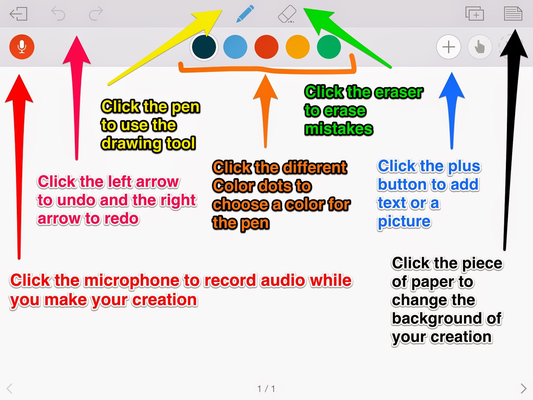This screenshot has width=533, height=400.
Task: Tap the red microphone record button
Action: click(22, 47)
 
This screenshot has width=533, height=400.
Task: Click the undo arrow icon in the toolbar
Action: click(58, 14)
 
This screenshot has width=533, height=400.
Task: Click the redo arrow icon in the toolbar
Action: click(96, 14)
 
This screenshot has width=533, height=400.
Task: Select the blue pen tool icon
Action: click(245, 14)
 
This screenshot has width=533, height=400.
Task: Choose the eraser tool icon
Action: click(287, 14)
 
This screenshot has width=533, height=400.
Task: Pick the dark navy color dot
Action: click(204, 47)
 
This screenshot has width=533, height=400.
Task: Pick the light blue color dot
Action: click(235, 47)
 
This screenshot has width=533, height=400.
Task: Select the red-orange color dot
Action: click(266, 47)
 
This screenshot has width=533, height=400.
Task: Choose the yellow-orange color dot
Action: click(298, 47)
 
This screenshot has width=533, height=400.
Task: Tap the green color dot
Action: click(329, 47)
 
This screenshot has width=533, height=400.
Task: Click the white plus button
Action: click(448, 47)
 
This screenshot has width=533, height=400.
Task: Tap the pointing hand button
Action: click(480, 47)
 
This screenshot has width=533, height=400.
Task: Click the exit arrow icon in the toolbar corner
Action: click(18, 14)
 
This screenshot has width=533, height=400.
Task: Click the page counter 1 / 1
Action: click(266, 389)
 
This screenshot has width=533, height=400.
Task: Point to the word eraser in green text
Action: click(398, 92)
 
